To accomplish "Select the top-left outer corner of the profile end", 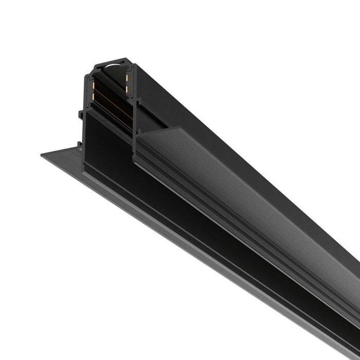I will (x=94, y=65).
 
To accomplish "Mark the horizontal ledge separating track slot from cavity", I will (x=108, y=110).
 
